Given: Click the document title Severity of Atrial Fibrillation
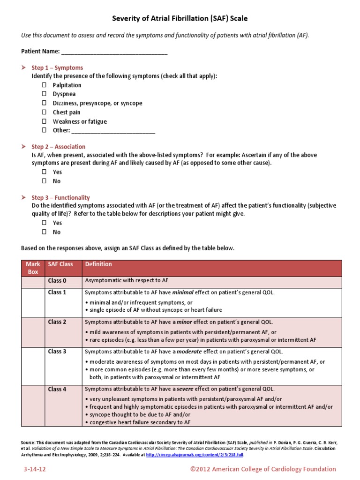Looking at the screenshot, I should [180, 19].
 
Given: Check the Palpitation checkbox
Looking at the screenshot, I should [44, 85].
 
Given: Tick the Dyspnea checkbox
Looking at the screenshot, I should [44, 94].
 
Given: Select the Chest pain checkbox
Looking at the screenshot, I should [44, 112].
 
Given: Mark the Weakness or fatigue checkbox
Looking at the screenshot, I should [44, 121].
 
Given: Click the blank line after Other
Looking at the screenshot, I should [113, 130].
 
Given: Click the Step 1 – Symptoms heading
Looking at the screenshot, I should [57, 67].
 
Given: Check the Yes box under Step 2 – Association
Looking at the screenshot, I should [44, 172].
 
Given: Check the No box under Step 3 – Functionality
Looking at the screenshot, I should [44, 232].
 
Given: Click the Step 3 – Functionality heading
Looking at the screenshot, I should [60, 197].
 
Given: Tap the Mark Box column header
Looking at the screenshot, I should [33, 268].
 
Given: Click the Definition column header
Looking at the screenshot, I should [98, 264].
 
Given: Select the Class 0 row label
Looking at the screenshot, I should [57, 280].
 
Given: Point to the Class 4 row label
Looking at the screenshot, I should [57, 389].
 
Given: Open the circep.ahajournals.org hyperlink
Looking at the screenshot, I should [194, 455].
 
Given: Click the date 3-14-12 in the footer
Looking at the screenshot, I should [35, 469].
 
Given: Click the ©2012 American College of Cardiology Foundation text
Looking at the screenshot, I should [262, 469].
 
